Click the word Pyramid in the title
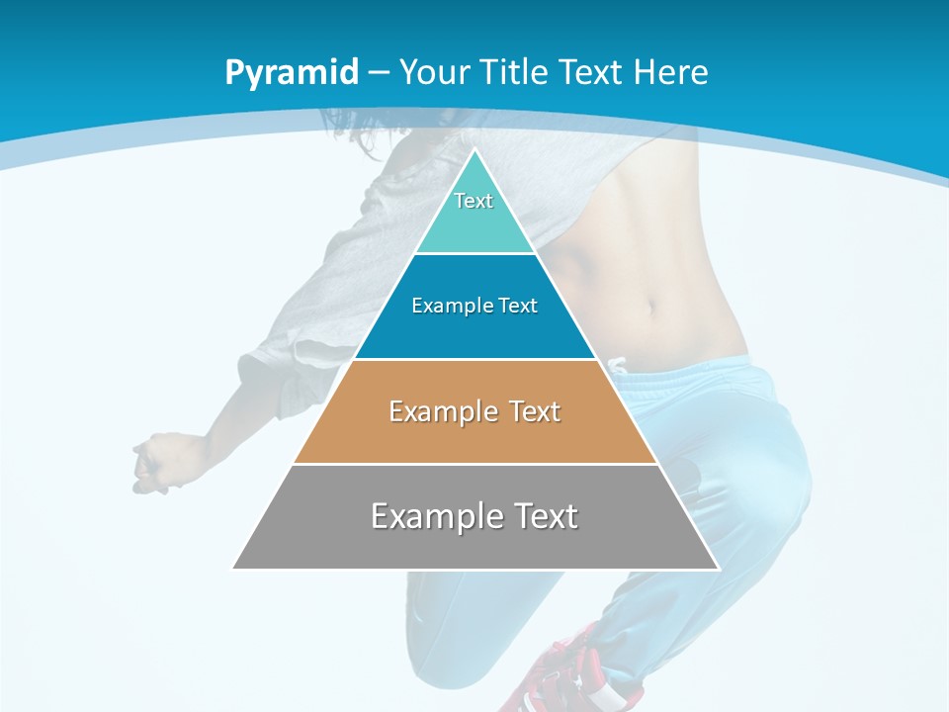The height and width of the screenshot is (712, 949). pyautogui.click(x=292, y=73)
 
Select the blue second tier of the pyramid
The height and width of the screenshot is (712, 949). pyautogui.click(x=474, y=331)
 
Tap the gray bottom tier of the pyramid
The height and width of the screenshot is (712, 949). pyautogui.click(x=474, y=544)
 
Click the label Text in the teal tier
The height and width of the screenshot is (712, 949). pyautogui.click(x=474, y=201)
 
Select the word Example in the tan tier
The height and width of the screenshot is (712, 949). pyautogui.click(x=434, y=411)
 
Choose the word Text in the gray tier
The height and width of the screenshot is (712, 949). pyautogui.click(x=543, y=516)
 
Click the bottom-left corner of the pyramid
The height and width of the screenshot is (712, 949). pyautogui.click(x=235, y=568)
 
